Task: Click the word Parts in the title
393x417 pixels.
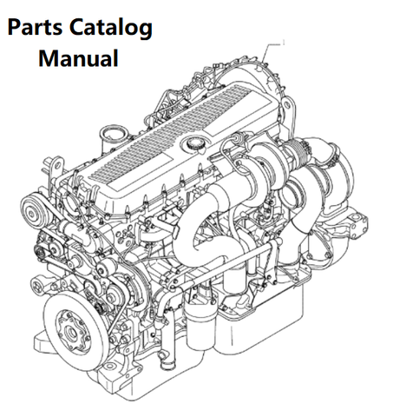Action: pyautogui.click(x=35, y=27)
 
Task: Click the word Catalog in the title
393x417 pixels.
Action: pyautogui.click(x=111, y=29)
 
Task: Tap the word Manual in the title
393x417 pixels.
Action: pyautogui.click(x=78, y=58)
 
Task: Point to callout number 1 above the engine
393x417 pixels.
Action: pyautogui.click(x=284, y=43)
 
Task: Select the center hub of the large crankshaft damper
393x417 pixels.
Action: pyautogui.click(x=71, y=331)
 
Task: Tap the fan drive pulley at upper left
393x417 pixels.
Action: pyautogui.click(x=32, y=212)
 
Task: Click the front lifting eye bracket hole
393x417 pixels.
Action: pyautogui.click(x=57, y=166)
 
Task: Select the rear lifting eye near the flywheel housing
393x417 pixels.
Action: pyautogui.click(x=287, y=103)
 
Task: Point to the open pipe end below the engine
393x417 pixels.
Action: pyautogui.click(x=167, y=363)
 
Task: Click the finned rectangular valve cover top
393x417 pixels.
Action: pyautogui.click(x=174, y=133)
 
